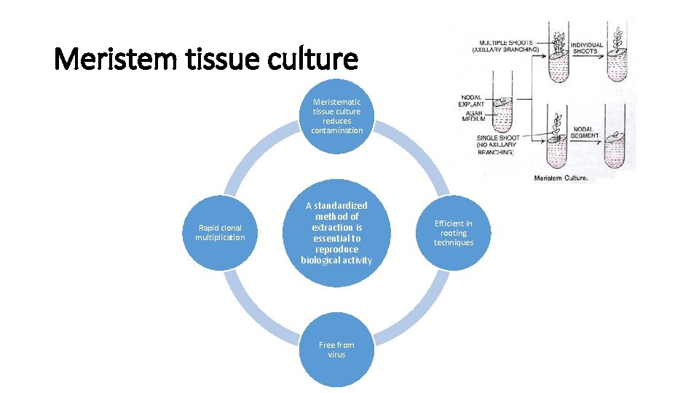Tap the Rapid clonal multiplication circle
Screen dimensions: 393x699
[x=220, y=233]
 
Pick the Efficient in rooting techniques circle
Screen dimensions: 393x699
[x=453, y=233]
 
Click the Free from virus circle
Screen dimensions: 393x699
[x=336, y=350]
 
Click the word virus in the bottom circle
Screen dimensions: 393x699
[x=336, y=355]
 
